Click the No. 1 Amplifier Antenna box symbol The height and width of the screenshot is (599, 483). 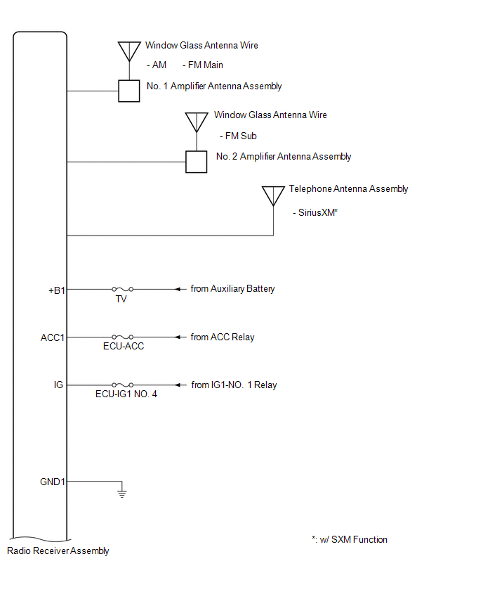(128, 91)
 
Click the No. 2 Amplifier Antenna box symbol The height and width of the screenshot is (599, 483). (196, 162)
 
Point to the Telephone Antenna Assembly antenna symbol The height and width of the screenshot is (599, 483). (273, 195)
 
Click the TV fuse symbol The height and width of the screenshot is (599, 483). (121, 289)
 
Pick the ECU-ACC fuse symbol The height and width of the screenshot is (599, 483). (121, 337)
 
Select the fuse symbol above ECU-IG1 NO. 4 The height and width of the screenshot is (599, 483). (121, 385)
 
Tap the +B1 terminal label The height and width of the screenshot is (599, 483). (56, 289)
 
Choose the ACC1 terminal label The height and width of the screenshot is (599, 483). (53, 337)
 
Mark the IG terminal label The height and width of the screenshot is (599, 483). (58, 385)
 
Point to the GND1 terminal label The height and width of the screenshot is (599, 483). (53, 482)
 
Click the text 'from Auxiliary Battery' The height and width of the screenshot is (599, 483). (232, 289)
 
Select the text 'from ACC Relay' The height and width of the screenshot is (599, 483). (223, 337)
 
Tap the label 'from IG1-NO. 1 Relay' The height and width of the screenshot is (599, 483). (234, 385)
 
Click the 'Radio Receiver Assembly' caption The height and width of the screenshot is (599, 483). (58, 551)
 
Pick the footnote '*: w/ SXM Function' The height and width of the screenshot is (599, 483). (350, 540)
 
